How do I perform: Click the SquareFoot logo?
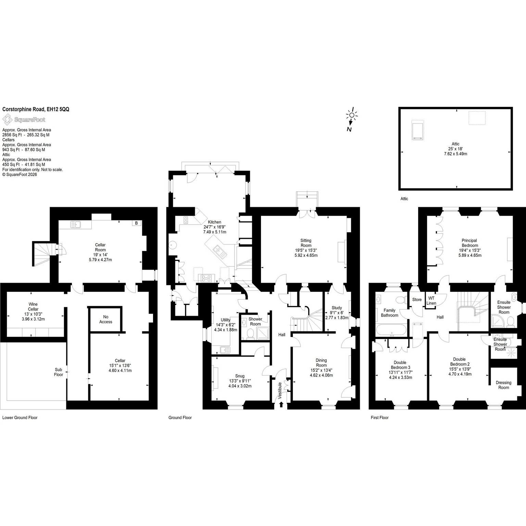pyautogui.click(x=24, y=120)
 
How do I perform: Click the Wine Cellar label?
pyautogui.click(x=33, y=306)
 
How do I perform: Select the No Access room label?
pyautogui.click(x=106, y=319)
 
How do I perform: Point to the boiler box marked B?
pyautogui.click(x=137, y=223)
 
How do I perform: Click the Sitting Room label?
pyautogui.click(x=306, y=243)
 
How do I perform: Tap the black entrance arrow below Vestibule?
pyautogui.click(x=281, y=404)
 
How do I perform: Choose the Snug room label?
pyautogui.click(x=240, y=376)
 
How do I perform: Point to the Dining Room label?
pyautogui.click(x=321, y=363)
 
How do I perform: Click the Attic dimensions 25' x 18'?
pyautogui.click(x=455, y=149)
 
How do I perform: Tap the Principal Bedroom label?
pyautogui.click(x=469, y=243)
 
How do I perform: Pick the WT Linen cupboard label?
pyautogui.click(x=431, y=301)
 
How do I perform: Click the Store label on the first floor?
pyautogui.click(x=417, y=300)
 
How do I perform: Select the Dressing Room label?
pyautogui.click(x=503, y=385)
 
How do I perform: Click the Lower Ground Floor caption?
pyautogui.click(x=20, y=417)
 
